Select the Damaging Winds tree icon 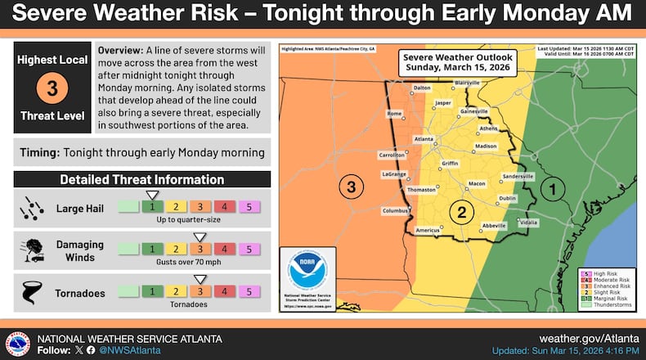coord(30,248)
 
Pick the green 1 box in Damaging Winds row coord(152,248)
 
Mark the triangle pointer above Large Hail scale coord(152,194)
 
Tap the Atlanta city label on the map coord(424,139)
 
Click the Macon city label coord(476,183)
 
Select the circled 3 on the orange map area coord(351,187)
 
